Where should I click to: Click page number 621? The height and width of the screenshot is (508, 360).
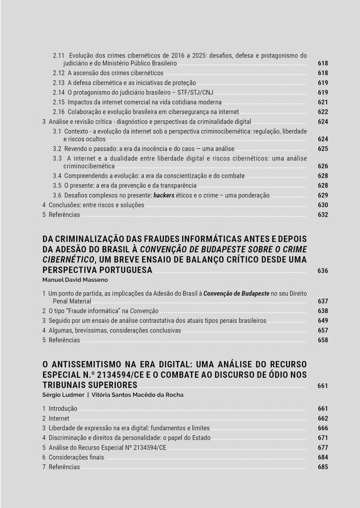pos(323,102)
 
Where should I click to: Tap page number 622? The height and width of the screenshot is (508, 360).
pos(323,112)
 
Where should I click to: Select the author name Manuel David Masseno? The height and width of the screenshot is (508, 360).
pos(72,279)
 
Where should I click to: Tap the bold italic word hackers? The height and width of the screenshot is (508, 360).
pos(164,195)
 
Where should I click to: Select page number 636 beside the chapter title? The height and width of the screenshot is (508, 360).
pos(323,271)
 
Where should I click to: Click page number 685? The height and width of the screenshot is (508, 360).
pos(323,467)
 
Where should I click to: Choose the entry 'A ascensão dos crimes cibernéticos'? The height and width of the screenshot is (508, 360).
pos(116,73)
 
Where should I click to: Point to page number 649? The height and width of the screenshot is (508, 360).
pos(323,321)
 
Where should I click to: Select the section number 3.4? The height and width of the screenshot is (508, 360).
pos(57,176)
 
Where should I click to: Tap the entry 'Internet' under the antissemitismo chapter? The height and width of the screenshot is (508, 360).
pos(58,418)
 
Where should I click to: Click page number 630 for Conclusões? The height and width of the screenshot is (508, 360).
pos(323,205)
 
